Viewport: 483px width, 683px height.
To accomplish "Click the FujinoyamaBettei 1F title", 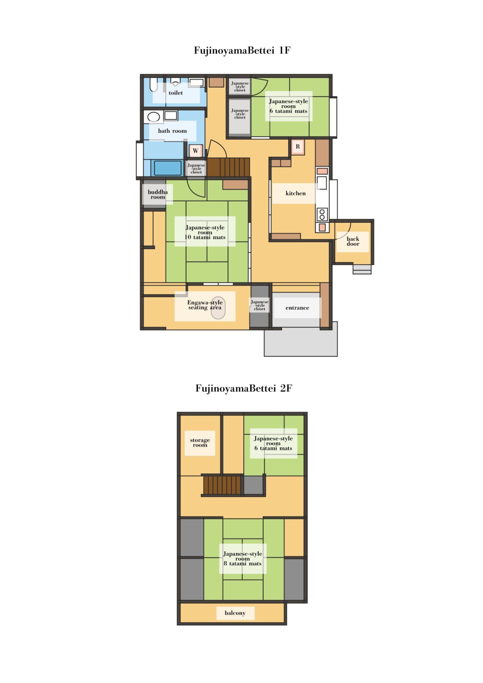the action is point(242,50).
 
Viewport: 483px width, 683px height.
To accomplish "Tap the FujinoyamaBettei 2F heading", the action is point(244,388).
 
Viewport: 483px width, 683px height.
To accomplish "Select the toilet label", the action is point(176,93).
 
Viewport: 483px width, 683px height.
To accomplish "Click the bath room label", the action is point(172,131).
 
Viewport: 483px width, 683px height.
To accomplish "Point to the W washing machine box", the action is point(196,150).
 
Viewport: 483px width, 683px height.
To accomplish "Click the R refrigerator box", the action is point(298,147).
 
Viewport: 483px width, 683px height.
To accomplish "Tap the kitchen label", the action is point(295,193).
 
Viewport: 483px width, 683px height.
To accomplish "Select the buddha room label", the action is point(158,195).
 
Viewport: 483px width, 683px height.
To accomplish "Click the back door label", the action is point(353,241).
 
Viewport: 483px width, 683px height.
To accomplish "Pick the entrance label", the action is point(297,308).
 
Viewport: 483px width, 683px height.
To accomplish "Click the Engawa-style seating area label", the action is point(205,305).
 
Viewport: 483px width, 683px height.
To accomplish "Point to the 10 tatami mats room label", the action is point(205,232).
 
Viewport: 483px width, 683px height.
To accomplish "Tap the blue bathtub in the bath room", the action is point(167,168).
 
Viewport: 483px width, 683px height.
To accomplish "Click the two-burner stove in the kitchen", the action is point(322,214).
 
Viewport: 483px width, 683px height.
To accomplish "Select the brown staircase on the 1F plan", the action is point(228,167).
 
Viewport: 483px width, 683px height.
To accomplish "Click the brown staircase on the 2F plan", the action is point(222,486).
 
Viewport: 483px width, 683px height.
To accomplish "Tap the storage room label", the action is point(200,442).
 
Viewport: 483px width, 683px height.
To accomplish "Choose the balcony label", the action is point(235,613).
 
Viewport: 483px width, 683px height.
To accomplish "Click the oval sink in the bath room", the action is point(153,117).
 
